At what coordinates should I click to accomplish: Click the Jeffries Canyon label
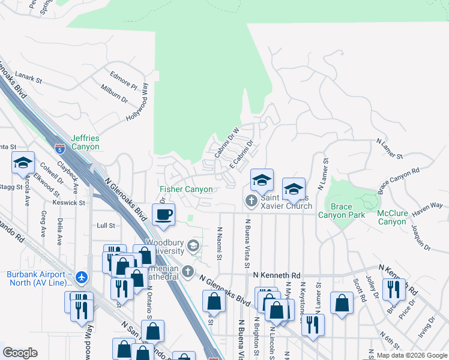click(85, 142)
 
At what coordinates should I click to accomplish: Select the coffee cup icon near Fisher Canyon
click(163, 214)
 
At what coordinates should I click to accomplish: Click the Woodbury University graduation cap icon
click(193, 245)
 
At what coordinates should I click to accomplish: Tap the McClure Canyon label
click(392, 217)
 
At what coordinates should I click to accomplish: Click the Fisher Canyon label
click(186, 190)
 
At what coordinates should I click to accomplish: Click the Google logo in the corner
click(20, 353)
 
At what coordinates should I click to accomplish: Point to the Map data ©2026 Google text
click(412, 355)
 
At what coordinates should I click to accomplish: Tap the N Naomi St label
click(220, 244)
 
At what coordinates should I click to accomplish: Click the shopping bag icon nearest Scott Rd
click(342, 304)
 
